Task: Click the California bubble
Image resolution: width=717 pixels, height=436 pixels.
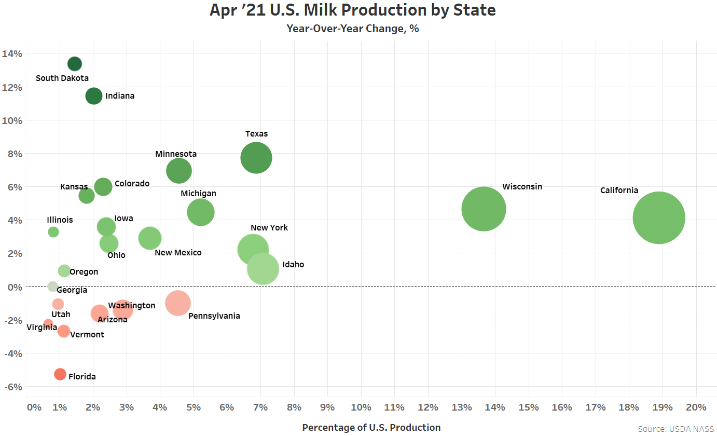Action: click(x=659, y=217)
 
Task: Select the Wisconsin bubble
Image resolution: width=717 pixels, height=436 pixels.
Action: click(x=484, y=209)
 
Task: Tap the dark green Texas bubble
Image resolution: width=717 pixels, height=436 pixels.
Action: click(x=256, y=158)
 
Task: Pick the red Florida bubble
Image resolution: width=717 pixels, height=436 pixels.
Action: click(x=60, y=374)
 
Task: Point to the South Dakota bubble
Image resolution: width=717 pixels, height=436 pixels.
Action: click(x=75, y=64)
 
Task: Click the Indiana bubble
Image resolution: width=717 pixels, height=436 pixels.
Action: click(x=94, y=96)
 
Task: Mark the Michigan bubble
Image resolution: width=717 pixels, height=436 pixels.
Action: click(x=201, y=212)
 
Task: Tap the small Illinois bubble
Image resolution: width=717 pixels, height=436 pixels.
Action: click(x=53, y=232)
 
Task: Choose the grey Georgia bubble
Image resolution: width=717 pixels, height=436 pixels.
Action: click(x=53, y=287)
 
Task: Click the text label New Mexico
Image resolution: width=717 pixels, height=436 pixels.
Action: click(x=178, y=253)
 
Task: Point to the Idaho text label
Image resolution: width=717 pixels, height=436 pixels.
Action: click(x=293, y=265)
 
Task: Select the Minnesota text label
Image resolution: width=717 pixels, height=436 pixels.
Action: click(x=176, y=154)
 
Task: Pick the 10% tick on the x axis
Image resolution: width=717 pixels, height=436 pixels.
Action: click(x=361, y=407)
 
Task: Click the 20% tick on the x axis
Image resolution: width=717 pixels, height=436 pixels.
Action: click(x=696, y=407)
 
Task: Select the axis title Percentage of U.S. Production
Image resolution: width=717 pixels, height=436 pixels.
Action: click(x=371, y=428)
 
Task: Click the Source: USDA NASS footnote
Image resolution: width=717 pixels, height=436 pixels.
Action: click(x=675, y=429)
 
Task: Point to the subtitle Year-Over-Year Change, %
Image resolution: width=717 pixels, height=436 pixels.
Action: click(x=353, y=29)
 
